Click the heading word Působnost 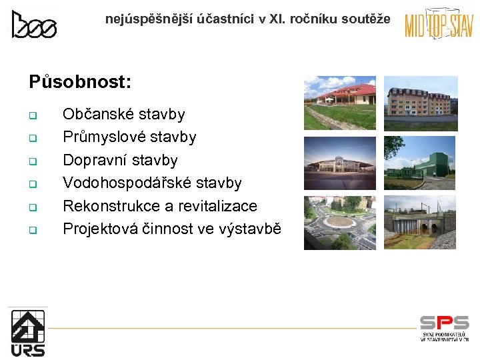(80, 82)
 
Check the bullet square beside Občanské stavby (31, 116)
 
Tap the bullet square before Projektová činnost (31, 231)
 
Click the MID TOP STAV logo (439, 25)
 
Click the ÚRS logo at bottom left (28, 332)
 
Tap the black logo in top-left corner (34, 25)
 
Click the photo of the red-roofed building (340, 103)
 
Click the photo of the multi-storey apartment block (421, 103)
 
